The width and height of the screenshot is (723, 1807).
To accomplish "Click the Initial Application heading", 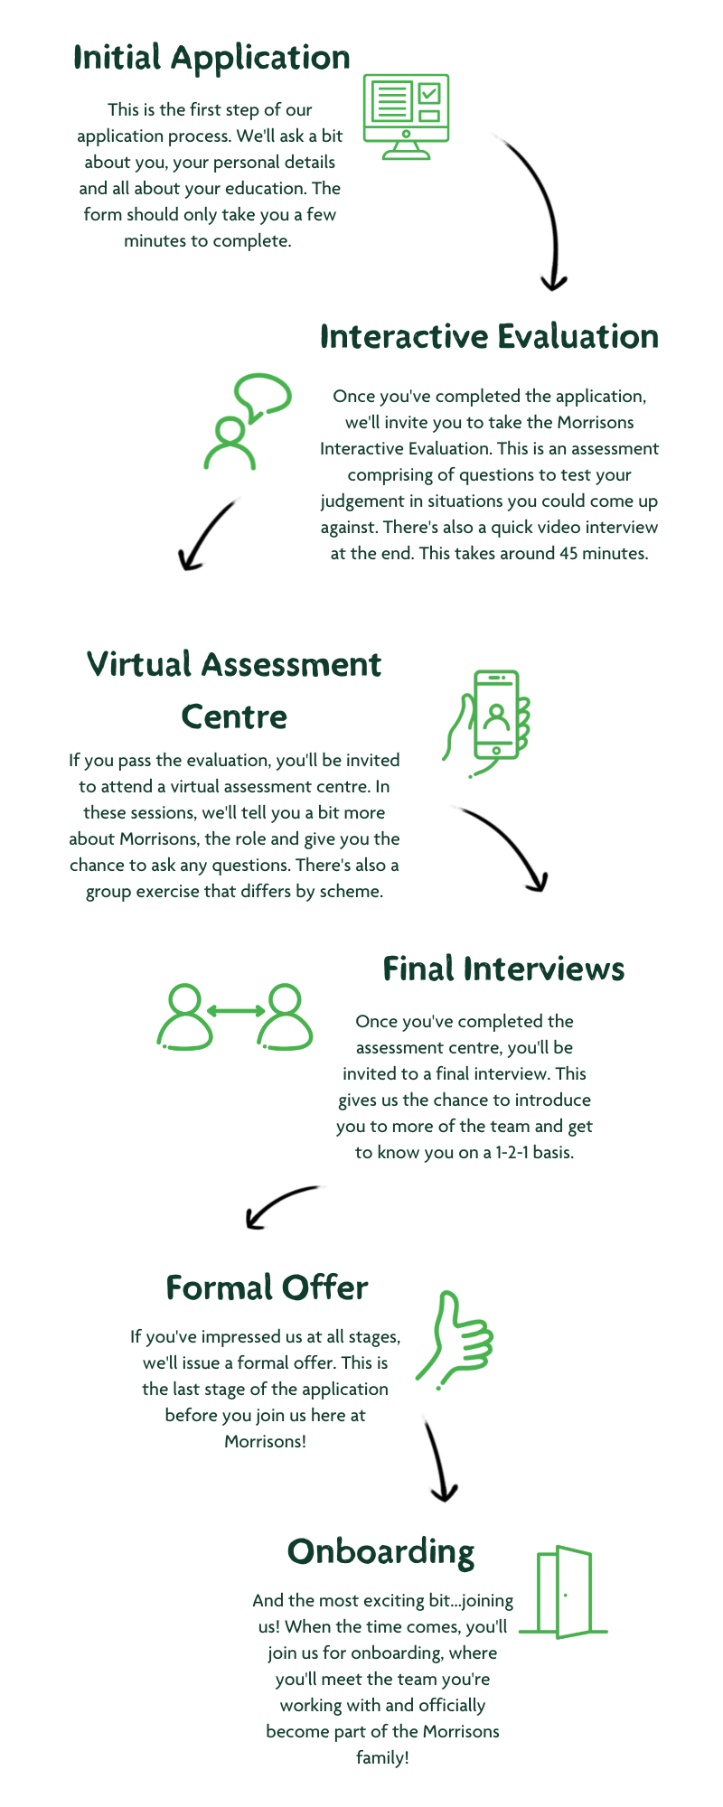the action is point(211,58).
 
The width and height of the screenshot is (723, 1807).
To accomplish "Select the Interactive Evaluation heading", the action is point(489,336).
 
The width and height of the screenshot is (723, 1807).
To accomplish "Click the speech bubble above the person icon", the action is point(263,396).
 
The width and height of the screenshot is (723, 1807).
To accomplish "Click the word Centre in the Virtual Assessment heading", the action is point(234,716).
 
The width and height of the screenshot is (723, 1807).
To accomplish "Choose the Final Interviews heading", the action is point(503,969).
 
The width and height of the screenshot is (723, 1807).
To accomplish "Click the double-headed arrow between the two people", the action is point(235,1011).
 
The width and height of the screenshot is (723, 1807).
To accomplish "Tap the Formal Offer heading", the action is point(267,1287).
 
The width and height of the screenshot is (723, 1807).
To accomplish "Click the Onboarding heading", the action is point(380,1552).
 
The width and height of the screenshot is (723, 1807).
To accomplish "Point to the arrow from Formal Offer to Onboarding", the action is point(437,1459).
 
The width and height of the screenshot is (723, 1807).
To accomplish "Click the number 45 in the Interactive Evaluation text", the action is point(568,553).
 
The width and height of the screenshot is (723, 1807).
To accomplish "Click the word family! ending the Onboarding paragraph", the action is point(382,1757).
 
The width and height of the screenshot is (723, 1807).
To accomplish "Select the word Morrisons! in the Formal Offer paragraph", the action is point(265,1441).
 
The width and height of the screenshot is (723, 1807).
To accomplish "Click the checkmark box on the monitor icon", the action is point(429,93).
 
